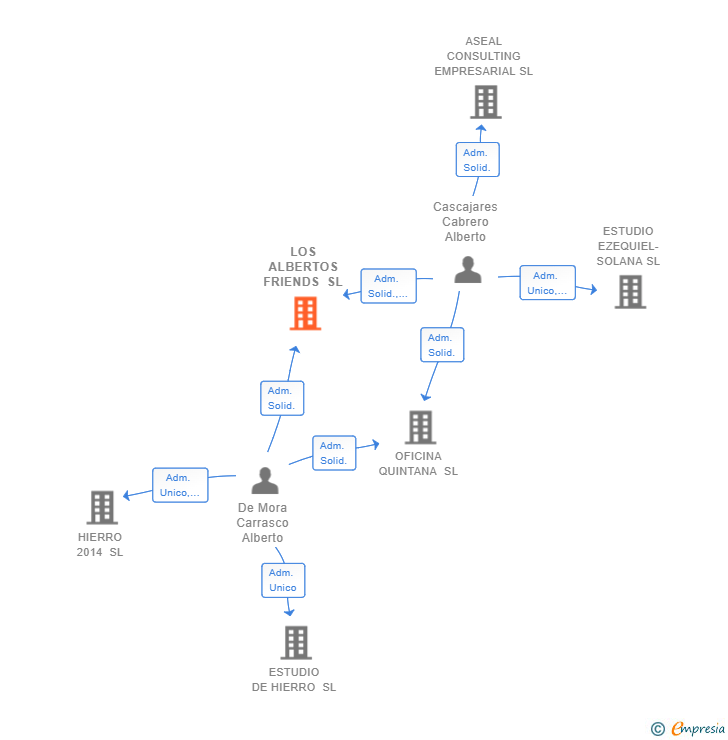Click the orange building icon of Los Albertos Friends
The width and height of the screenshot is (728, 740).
pos(305,313)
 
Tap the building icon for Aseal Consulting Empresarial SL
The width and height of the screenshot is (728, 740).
pos(485,102)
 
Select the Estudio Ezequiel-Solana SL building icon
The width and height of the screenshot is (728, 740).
pos(630,292)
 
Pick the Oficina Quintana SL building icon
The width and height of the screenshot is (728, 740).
pos(420,427)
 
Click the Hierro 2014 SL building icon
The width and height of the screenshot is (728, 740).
pos(102,508)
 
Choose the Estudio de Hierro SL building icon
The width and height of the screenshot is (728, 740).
pos(296,642)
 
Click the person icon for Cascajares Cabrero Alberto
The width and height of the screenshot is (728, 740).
pos(468,269)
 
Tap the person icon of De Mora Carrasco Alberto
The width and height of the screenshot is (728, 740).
pos(265,481)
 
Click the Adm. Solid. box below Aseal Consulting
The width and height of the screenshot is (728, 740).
pos(477,160)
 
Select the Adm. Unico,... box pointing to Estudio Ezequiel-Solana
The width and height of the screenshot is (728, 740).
pos(548,283)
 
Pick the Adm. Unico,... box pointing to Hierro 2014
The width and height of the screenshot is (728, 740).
pos(180,485)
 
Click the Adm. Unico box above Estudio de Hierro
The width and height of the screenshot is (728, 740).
pos(283,580)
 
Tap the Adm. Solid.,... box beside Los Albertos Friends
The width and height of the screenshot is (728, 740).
pos(388,286)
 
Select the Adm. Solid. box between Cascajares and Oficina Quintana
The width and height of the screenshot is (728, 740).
pos(441,345)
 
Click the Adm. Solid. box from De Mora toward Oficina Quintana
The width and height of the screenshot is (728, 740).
pos(333,453)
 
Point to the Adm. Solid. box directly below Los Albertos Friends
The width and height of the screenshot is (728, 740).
pos(281,398)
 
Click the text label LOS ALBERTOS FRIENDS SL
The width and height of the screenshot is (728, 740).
pos(303,267)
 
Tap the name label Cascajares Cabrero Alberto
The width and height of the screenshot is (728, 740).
pos(465,222)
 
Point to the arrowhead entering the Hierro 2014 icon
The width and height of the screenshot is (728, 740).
pos(126,495)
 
